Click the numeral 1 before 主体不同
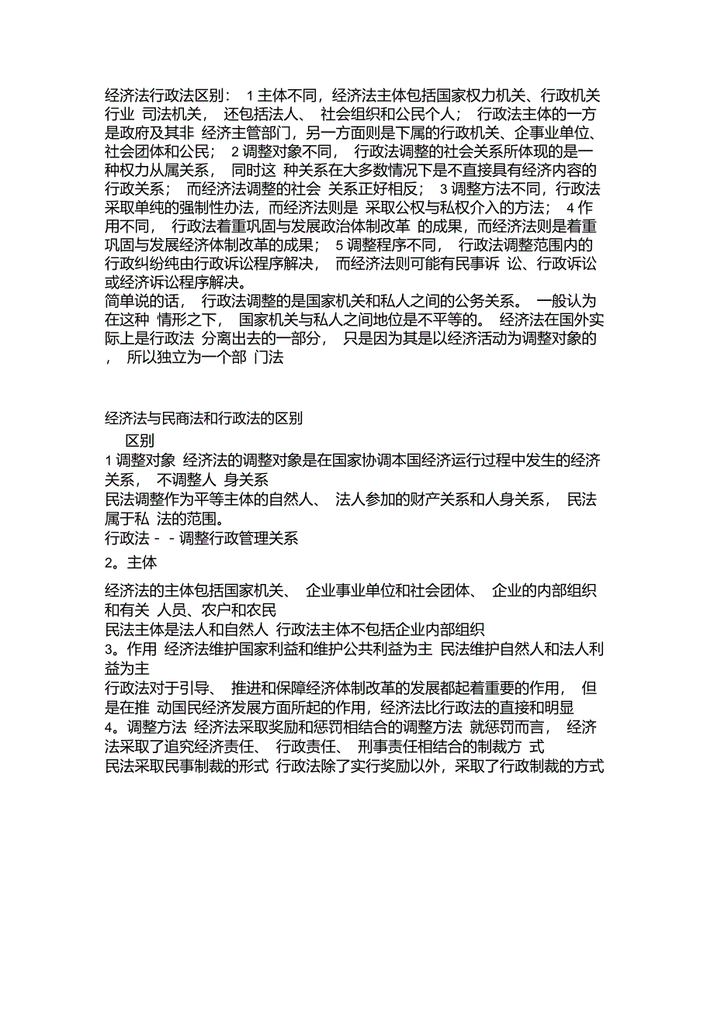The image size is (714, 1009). tap(250, 96)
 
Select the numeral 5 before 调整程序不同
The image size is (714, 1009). tap(339, 244)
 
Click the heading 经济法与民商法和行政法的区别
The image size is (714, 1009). tap(203, 419)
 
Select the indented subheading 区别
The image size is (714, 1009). tap(140, 440)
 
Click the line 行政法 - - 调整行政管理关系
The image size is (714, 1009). tap(202, 538)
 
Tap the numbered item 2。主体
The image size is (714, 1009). tap(130, 564)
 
